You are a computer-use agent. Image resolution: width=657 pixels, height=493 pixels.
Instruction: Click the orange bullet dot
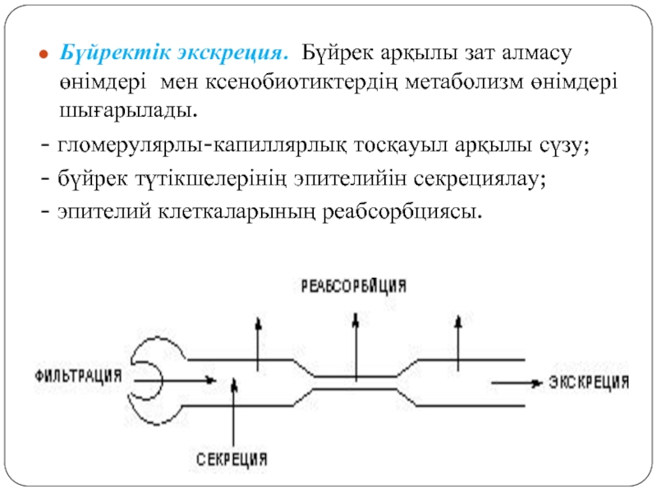click(x=44, y=54)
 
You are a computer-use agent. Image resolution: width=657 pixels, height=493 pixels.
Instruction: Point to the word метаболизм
click(x=464, y=81)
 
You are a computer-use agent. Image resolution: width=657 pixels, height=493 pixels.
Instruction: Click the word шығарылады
click(x=128, y=112)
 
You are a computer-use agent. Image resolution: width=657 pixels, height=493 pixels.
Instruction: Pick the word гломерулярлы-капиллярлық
click(x=202, y=146)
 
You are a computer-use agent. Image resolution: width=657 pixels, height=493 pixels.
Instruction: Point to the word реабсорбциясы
click(x=402, y=212)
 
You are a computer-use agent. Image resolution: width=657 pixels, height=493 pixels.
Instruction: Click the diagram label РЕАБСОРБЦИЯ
click(x=354, y=286)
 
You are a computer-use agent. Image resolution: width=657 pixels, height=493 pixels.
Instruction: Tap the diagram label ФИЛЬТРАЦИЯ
click(x=78, y=376)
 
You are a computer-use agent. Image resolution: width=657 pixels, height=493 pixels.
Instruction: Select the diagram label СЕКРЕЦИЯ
click(x=232, y=459)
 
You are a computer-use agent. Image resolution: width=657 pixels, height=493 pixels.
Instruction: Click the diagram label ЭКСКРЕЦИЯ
click(x=589, y=382)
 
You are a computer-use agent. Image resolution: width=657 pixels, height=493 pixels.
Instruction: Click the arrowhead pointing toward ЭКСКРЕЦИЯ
click(x=535, y=383)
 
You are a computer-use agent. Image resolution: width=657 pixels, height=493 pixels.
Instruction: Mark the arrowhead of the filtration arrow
click(x=211, y=380)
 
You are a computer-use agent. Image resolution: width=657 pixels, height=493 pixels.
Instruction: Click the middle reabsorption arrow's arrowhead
click(x=356, y=320)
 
